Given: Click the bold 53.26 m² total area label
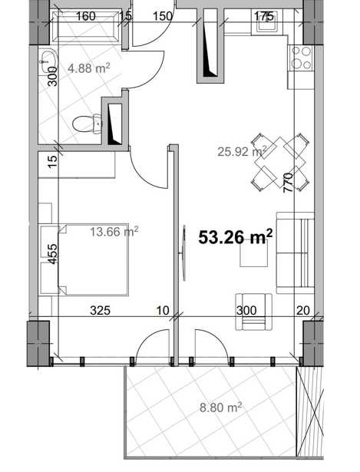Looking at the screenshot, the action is [x=236, y=236].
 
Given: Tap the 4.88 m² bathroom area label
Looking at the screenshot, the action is [x=88, y=68].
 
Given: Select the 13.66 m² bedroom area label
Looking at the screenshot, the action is [x=114, y=232].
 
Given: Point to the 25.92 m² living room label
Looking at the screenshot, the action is [x=242, y=151].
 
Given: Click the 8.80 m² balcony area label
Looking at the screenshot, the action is [x=220, y=408].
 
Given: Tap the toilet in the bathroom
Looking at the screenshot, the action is [x=88, y=124].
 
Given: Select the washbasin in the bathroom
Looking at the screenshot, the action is [x=48, y=61].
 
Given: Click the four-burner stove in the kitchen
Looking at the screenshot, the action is [x=302, y=58].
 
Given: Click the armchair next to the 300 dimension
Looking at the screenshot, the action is [x=254, y=312].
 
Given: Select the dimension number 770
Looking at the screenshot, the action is [x=288, y=183].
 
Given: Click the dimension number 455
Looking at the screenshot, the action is [x=52, y=254].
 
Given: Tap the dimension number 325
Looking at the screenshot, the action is [x=101, y=310].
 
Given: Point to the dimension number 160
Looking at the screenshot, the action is [x=85, y=16].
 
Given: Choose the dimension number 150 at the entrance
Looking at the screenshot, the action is [x=163, y=16].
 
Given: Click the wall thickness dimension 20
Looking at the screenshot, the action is [x=302, y=310].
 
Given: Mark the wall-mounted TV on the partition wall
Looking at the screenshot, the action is [x=184, y=253].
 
